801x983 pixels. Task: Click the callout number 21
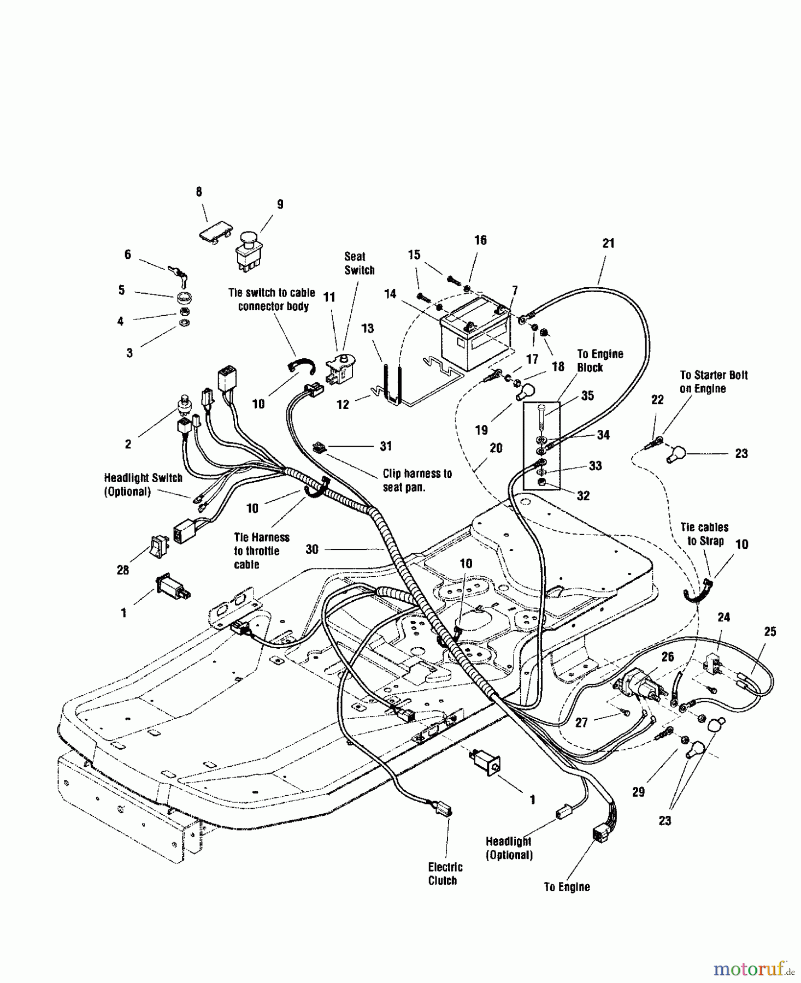[608, 244]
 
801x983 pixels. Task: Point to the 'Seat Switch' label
[359, 263]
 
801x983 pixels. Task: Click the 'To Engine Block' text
[600, 360]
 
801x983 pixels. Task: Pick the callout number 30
[311, 549]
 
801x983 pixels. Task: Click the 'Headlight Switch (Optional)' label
[143, 484]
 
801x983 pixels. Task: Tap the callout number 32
[583, 495]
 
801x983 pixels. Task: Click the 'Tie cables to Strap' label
[704, 534]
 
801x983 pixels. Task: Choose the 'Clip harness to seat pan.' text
[417, 480]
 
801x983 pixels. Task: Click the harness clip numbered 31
[320, 447]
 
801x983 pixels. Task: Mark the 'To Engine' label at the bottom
[567, 887]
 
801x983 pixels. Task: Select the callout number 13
[367, 328]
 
